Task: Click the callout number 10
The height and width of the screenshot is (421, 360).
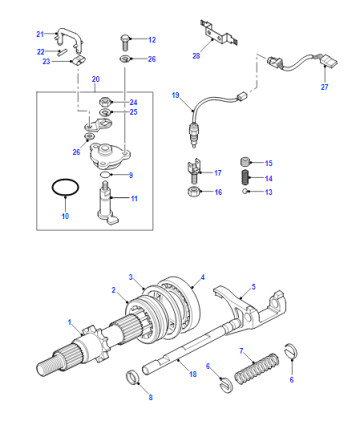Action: point(65,216)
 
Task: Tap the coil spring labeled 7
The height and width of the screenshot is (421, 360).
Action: point(257,369)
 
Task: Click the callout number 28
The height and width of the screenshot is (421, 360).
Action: point(196,56)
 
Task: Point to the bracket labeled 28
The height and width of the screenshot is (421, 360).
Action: point(218,34)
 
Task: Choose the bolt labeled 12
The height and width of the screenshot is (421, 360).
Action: point(124,42)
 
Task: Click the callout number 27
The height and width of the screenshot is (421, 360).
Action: point(324,87)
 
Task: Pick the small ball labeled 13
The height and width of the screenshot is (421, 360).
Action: point(245,191)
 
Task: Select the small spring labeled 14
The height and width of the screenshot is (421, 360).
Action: point(246,177)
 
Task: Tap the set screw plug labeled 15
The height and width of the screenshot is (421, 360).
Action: point(245,162)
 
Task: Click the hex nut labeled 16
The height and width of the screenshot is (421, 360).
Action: point(193,192)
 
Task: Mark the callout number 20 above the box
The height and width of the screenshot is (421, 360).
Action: point(96,79)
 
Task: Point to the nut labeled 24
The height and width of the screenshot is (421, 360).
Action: point(106,101)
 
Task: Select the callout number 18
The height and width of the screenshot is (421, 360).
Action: point(193,374)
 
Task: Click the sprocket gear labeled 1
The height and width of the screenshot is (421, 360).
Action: point(95,344)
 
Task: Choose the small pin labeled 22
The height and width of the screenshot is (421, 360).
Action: point(62,51)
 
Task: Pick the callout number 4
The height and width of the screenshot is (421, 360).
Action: point(202,277)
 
